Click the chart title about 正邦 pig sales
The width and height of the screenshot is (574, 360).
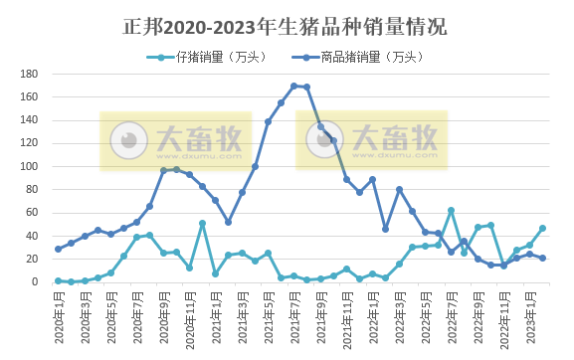pyautogui.click(x=287, y=25)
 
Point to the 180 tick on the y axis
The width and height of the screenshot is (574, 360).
pyautogui.click(x=29, y=75)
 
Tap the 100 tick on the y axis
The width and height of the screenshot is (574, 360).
pyautogui.click(x=29, y=167)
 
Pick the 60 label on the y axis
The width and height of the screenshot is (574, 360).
pyautogui.click(x=32, y=213)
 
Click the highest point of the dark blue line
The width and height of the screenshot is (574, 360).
pyautogui.click(x=293, y=86)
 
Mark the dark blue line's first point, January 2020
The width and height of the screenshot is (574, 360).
pyautogui.click(x=58, y=249)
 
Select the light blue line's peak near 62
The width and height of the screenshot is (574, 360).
pyautogui.click(x=451, y=211)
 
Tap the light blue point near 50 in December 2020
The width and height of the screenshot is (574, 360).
pyautogui.click(x=202, y=224)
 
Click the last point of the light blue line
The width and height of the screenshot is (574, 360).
pyautogui.click(x=542, y=228)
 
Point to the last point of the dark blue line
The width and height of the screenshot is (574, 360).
pyautogui.click(x=542, y=258)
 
